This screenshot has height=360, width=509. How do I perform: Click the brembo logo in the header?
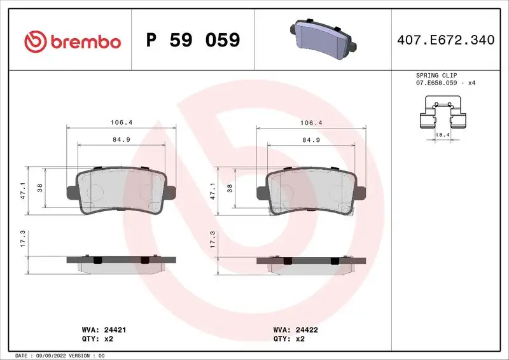pyautogui.click(x=72, y=41)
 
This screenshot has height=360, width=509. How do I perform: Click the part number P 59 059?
pyautogui.click(x=193, y=41)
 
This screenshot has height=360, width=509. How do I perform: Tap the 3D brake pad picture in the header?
pyautogui.click(x=323, y=39)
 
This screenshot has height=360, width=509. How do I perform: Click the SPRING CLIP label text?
pyautogui.click(x=436, y=75)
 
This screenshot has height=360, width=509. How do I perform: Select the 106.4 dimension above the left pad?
pyautogui.click(x=121, y=122)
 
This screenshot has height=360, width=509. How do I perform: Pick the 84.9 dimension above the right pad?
pyautogui.click(x=310, y=140)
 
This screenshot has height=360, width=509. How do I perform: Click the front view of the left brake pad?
pyautogui.click(x=121, y=191)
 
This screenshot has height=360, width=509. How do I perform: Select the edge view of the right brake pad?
pyautogui.click(x=310, y=262)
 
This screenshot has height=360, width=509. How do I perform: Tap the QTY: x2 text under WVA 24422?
pyautogui.click(x=290, y=340)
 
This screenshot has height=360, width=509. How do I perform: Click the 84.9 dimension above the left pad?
pyautogui.click(x=121, y=140)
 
